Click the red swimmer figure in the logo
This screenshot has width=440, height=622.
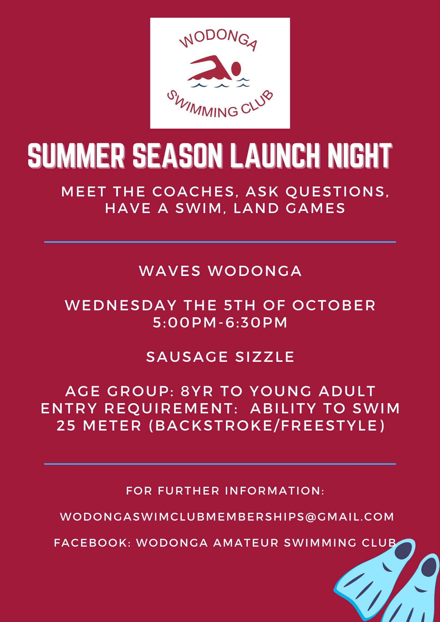[213, 69]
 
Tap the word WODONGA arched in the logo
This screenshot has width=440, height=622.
[218, 40]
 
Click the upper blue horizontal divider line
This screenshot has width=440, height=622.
[220, 242]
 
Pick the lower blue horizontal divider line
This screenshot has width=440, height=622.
[220, 464]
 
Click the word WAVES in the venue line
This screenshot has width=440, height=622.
[170, 271]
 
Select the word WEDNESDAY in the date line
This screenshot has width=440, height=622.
[121, 305]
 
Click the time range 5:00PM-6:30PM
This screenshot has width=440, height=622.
[220, 322]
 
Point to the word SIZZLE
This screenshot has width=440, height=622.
[265, 357]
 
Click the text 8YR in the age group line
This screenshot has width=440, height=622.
[197, 391]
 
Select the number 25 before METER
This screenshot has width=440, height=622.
[66, 426]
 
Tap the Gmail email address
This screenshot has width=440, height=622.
[227, 517]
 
